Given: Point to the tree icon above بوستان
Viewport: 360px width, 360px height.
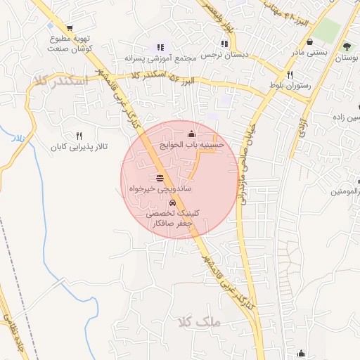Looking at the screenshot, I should pyautogui.click(x=346, y=46).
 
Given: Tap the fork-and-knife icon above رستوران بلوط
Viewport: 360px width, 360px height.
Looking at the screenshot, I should pyautogui.click(x=289, y=74).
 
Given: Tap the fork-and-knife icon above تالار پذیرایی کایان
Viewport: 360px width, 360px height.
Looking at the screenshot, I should pyautogui.click(x=79, y=136).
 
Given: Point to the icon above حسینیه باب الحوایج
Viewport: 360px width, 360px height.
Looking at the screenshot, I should pyautogui.click(x=192, y=134).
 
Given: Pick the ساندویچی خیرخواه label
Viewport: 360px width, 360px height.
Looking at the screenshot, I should pyautogui.click(x=160, y=188).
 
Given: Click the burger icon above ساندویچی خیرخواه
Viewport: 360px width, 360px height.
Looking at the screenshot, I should pyautogui.click(x=160, y=177).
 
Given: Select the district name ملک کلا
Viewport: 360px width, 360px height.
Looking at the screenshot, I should pyautogui.click(x=200, y=321).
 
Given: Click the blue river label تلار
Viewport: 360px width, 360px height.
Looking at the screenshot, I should pyautogui.click(x=18, y=139).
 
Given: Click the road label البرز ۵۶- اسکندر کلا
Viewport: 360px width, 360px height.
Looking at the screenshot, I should pyautogui.click(x=171, y=77).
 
